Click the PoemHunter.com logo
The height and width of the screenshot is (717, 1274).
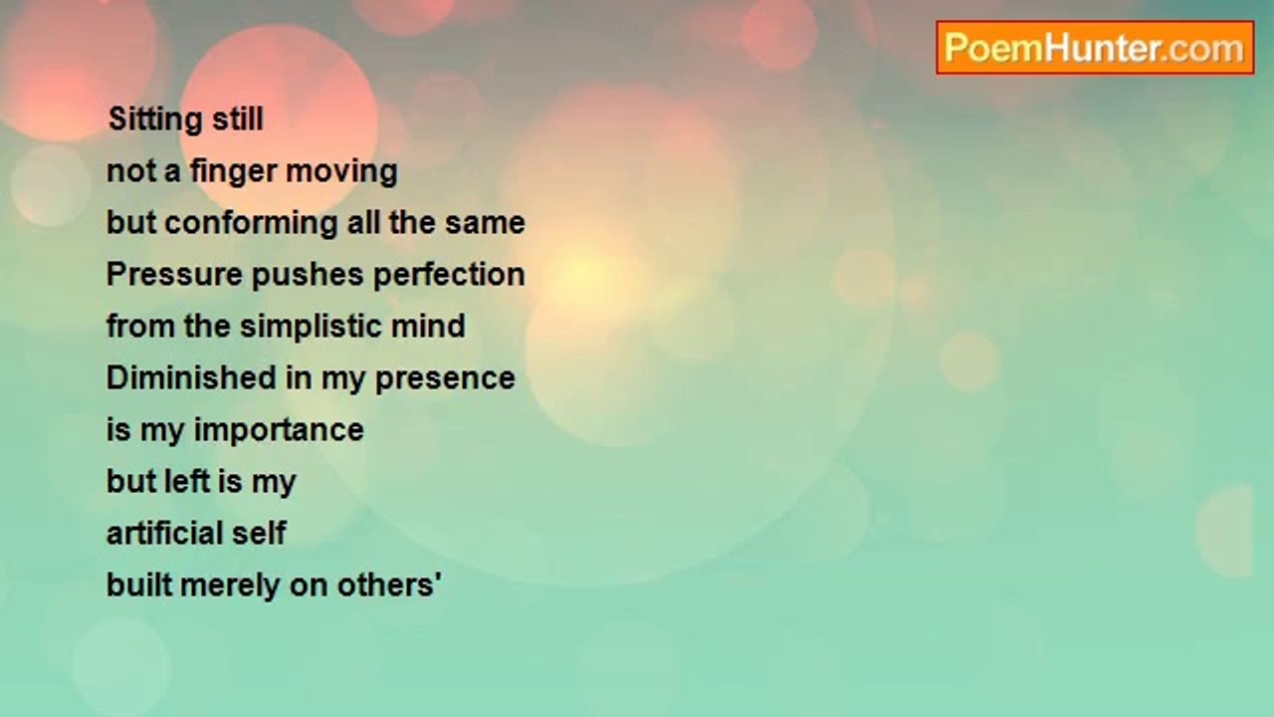pyautogui.click(x=1095, y=48)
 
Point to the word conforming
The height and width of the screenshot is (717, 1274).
pyautogui.click(x=251, y=224)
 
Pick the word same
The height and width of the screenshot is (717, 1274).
pyautogui.click(x=485, y=223)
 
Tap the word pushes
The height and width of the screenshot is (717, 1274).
pyautogui.click(x=308, y=276)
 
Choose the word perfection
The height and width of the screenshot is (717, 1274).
pyautogui.click(x=449, y=276)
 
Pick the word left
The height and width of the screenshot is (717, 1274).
pyautogui.click(x=186, y=481)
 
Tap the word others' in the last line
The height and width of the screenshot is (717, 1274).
pyautogui.click(x=389, y=585)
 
